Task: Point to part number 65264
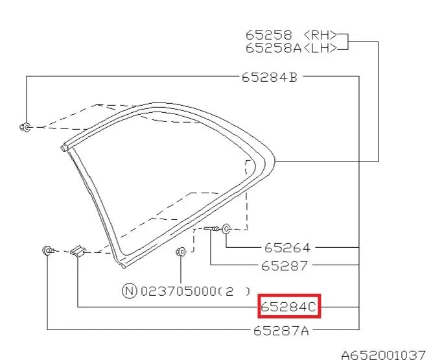click(287, 248)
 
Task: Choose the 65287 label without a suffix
click(285, 266)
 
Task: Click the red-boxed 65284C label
click(289, 306)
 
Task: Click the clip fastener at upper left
click(26, 127)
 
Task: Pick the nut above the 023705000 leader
click(181, 252)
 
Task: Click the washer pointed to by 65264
click(226, 228)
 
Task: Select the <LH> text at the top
click(321, 47)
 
